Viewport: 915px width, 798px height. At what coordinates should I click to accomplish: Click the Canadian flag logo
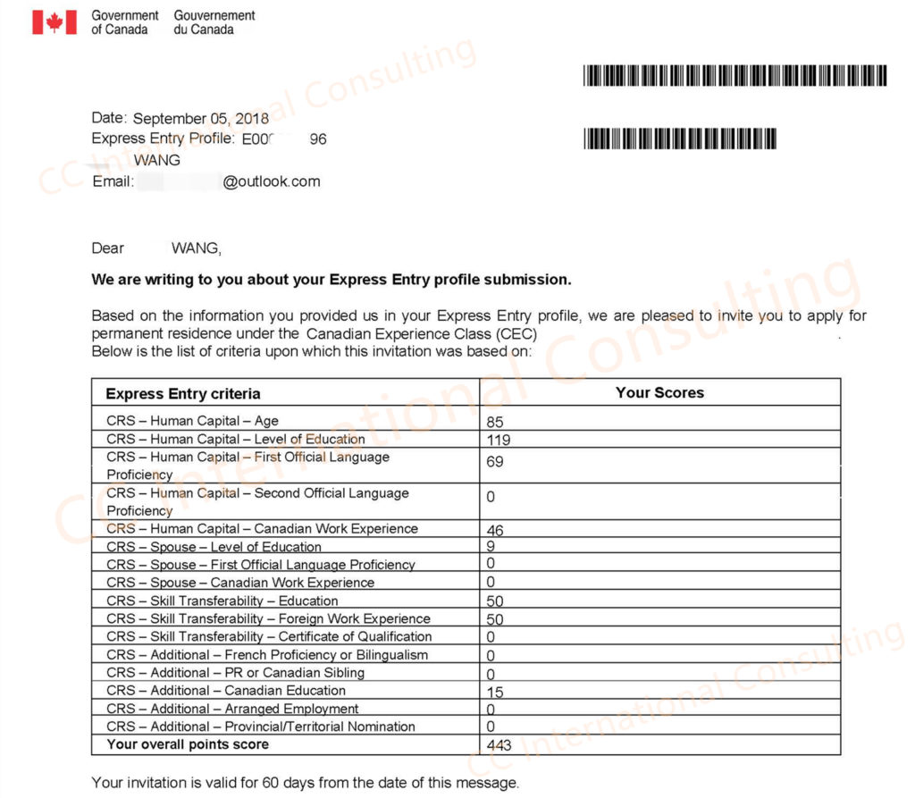pyautogui.click(x=55, y=21)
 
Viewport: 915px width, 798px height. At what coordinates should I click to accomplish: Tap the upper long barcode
pyautogui.click(x=735, y=75)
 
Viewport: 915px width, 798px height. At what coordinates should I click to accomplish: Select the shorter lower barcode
pyautogui.click(x=680, y=139)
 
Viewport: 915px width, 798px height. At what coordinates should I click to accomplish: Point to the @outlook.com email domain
pyautogui.click(x=272, y=181)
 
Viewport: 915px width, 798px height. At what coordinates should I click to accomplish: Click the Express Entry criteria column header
pyautogui.click(x=183, y=393)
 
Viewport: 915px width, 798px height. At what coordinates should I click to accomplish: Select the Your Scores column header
pyautogui.click(x=659, y=392)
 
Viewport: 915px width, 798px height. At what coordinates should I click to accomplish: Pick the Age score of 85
pyautogui.click(x=495, y=421)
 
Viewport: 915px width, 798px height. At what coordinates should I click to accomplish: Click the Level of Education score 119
pyautogui.click(x=499, y=440)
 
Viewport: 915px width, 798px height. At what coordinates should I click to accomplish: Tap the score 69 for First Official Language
pyautogui.click(x=495, y=461)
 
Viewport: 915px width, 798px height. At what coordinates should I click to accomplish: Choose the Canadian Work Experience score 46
pyautogui.click(x=495, y=530)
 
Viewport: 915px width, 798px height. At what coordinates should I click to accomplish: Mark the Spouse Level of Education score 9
pyautogui.click(x=491, y=547)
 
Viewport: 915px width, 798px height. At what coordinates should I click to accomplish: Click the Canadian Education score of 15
pyautogui.click(x=495, y=692)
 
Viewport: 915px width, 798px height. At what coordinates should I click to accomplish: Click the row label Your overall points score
pyautogui.click(x=188, y=744)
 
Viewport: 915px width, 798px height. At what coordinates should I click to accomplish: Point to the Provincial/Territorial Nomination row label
pyautogui.click(x=261, y=727)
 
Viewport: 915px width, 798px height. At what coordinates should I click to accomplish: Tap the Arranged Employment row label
pyautogui.click(x=232, y=709)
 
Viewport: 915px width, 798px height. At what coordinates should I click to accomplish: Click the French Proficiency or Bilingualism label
pyautogui.click(x=267, y=654)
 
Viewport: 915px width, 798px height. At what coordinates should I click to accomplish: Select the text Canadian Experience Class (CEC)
pyautogui.click(x=422, y=333)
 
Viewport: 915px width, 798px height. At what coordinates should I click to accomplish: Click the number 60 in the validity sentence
pyautogui.click(x=268, y=783)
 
